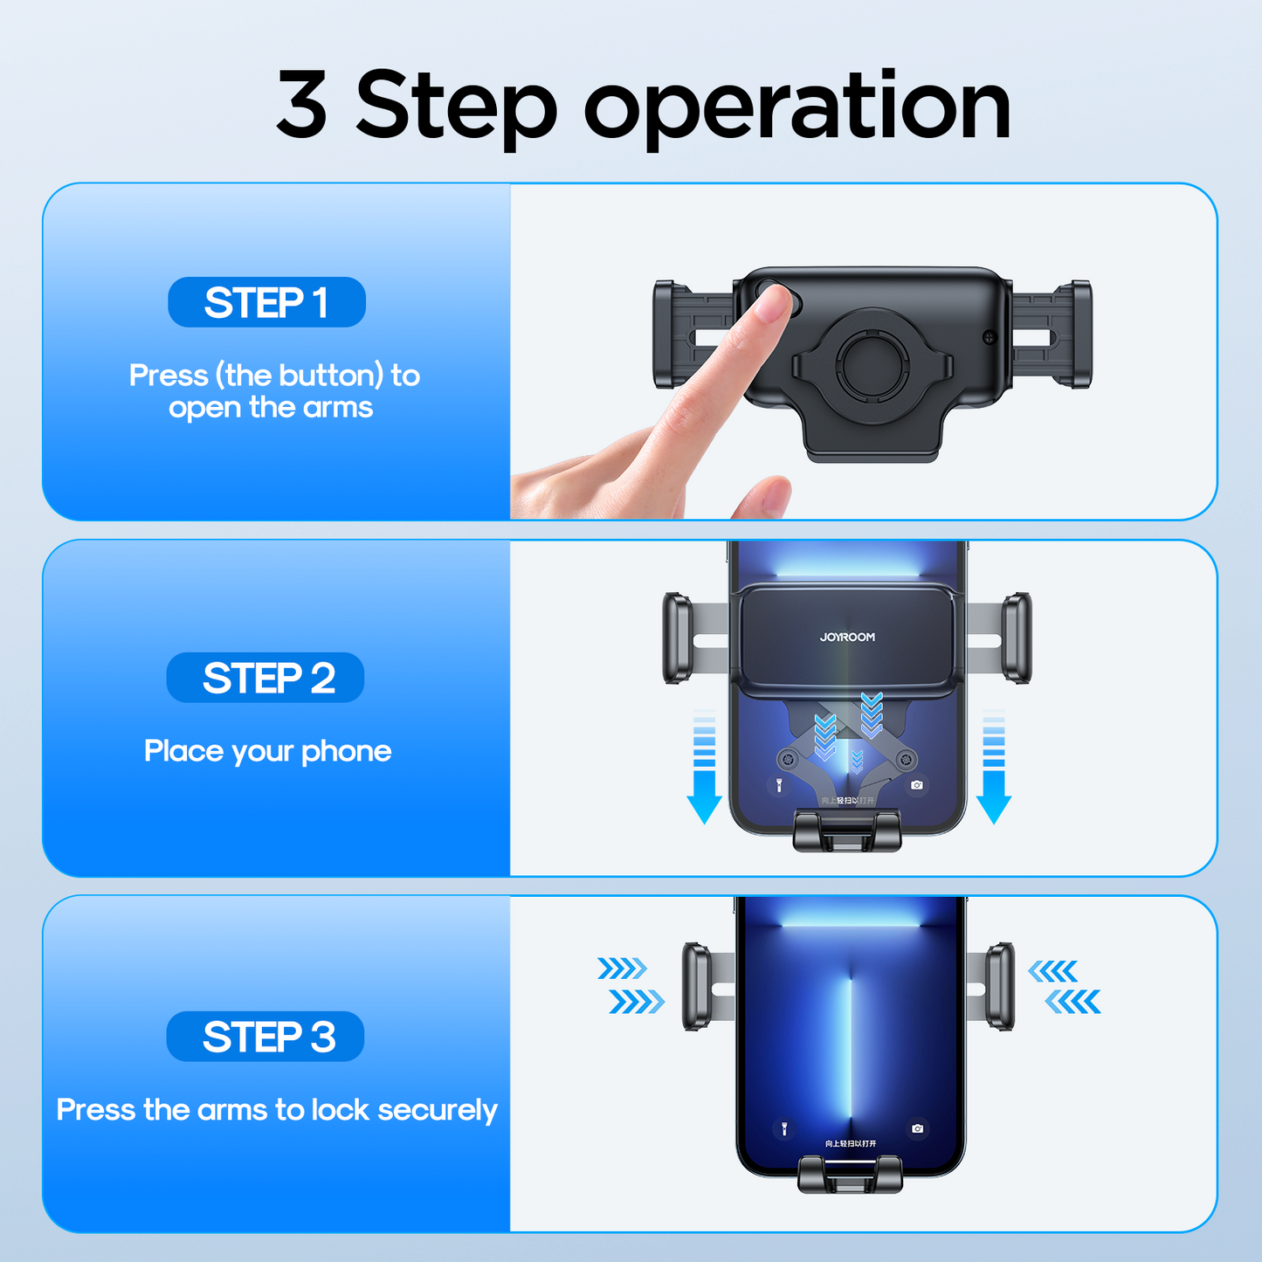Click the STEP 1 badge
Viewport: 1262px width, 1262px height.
[x=266, y=302]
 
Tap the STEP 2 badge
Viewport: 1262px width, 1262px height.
[x=266, y=678]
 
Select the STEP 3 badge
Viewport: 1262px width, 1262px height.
[x=266, y=1037]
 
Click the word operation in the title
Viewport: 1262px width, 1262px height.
[x=797, y=107]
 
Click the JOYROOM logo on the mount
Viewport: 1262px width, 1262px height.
[x=847, y=638]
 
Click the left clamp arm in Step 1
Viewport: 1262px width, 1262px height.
[x=673, y=334]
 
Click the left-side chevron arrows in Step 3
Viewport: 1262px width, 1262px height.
[x=631, y=985]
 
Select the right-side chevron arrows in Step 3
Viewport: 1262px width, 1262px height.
[x=1066, y=985]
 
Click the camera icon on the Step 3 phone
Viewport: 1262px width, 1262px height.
[x=917, y=1128]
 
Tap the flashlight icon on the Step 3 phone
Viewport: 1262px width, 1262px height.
[x=783, y=1128]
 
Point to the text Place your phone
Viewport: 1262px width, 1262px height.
[x=267, y=751]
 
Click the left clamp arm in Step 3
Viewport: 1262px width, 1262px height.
[x=697, y=986]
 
